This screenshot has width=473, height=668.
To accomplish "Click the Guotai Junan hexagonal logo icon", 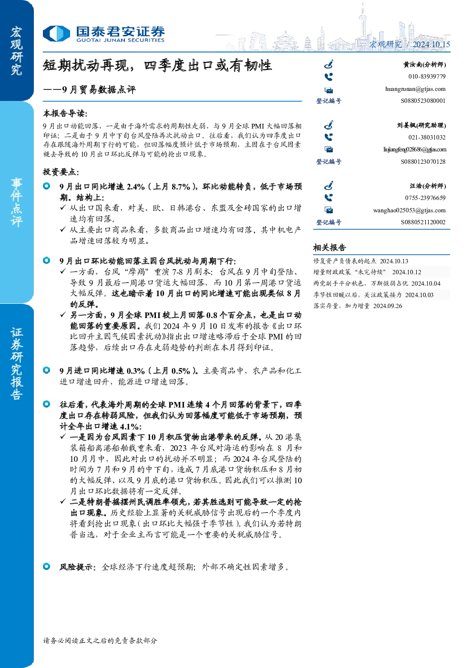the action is point(56,33).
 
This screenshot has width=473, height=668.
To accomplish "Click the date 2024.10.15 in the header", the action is point(431,44).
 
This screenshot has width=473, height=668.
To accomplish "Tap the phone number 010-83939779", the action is point(427,77).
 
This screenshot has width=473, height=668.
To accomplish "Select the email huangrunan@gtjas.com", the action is point(415,89).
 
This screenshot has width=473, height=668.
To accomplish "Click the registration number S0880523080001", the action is point(423,101).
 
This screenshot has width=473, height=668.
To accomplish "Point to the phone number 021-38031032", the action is point(427,138).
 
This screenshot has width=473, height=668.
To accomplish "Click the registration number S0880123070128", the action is point(423,161).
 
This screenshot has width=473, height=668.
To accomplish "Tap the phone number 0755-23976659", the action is point(425,198).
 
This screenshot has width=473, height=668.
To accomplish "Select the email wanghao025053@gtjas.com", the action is point(409,210).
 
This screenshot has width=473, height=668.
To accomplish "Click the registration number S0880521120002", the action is point(423,222).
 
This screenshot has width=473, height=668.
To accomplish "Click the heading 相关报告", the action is point(329,248).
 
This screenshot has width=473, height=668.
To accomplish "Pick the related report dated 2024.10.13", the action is point(360,261).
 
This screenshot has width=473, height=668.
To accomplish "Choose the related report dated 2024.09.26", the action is point(358,306).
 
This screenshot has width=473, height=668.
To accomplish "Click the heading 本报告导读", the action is point(65,114).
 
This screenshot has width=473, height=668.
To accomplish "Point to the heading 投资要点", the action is point(61,172).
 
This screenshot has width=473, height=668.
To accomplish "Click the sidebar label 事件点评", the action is point(16,202).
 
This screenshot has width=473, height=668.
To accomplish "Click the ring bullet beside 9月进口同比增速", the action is point(47,370).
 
